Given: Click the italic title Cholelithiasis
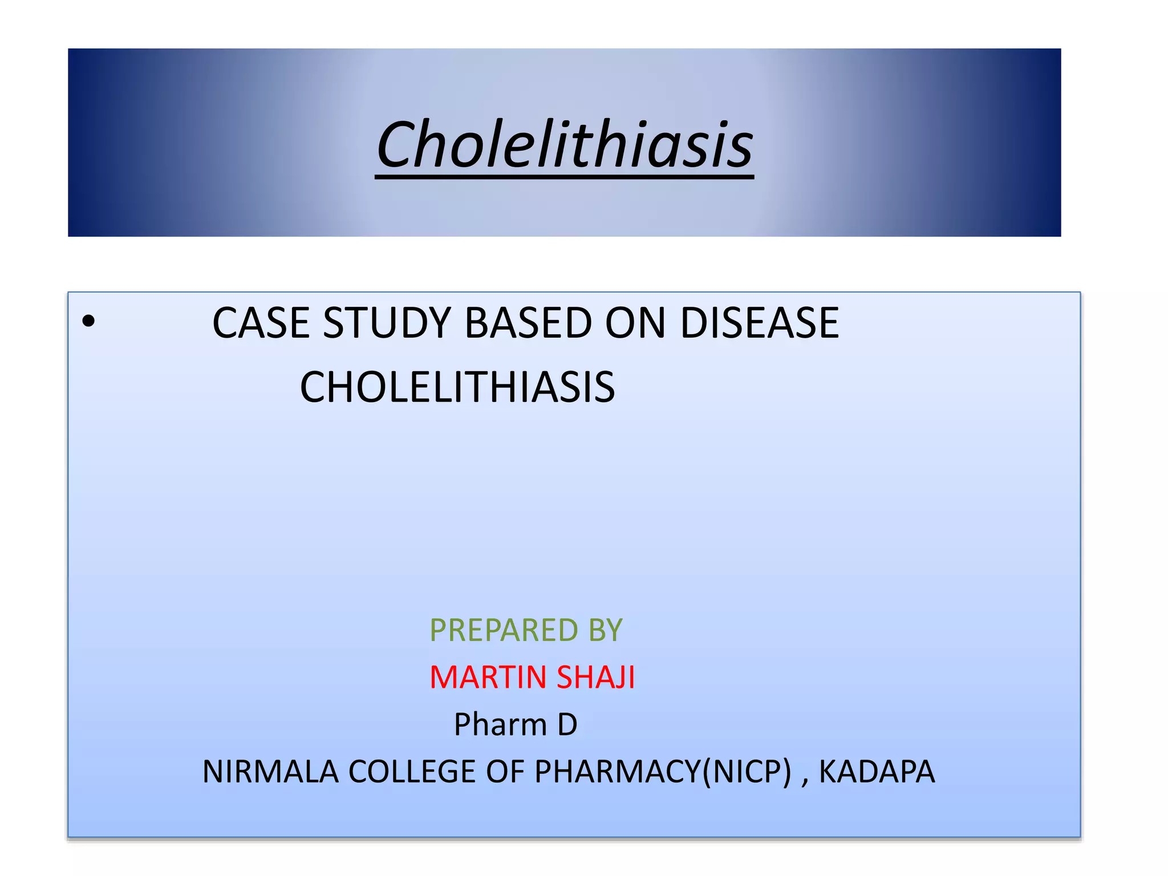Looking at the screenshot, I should pos(565,145).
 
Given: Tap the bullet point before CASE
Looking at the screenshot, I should pos(88,322).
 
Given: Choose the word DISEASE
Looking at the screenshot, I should pos(760,323).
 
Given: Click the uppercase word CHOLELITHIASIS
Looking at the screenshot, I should pos(457,387).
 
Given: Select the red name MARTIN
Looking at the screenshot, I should pos(488,678).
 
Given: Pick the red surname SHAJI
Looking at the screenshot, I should pos(595,678).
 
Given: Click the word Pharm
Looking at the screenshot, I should pos(500,725).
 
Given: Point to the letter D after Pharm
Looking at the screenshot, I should pos(567,725).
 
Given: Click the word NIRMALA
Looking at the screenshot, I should pos(270,772).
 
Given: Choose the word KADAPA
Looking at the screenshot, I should pos(877,772).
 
